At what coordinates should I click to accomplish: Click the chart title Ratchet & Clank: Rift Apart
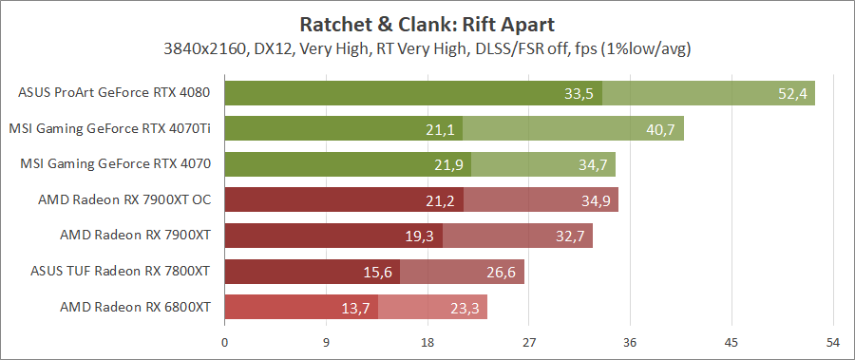(x=427, y=23)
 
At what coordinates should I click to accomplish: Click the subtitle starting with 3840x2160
(x=427, y=48)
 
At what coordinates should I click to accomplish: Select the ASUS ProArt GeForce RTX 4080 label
(x=114, y=93)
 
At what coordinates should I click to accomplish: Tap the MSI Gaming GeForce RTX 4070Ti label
(x=109, y=128)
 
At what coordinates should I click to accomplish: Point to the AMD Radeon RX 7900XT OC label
(x=124, y=199)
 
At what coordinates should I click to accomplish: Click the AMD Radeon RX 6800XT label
(x=135, y=307)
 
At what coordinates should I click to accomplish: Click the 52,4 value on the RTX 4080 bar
(x=791, y=93)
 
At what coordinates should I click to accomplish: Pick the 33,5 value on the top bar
(x=579, y=93)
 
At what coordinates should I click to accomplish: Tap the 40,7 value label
(x=660, y=129)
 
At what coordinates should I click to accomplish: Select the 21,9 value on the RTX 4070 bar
(x=447, y=164)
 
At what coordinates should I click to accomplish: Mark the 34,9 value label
(x=595, y=200)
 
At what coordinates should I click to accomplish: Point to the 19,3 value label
(x=418, y=236)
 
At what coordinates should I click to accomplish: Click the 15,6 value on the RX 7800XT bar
(x=376, y=272)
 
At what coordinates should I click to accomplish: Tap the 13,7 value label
(x=355, y=308)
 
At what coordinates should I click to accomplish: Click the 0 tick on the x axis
(x=224, y=341)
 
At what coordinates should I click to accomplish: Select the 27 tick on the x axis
(x=529, y=341)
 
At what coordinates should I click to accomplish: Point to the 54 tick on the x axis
(x=833, y=341)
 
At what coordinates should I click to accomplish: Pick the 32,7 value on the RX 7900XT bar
(x=570, y=236)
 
